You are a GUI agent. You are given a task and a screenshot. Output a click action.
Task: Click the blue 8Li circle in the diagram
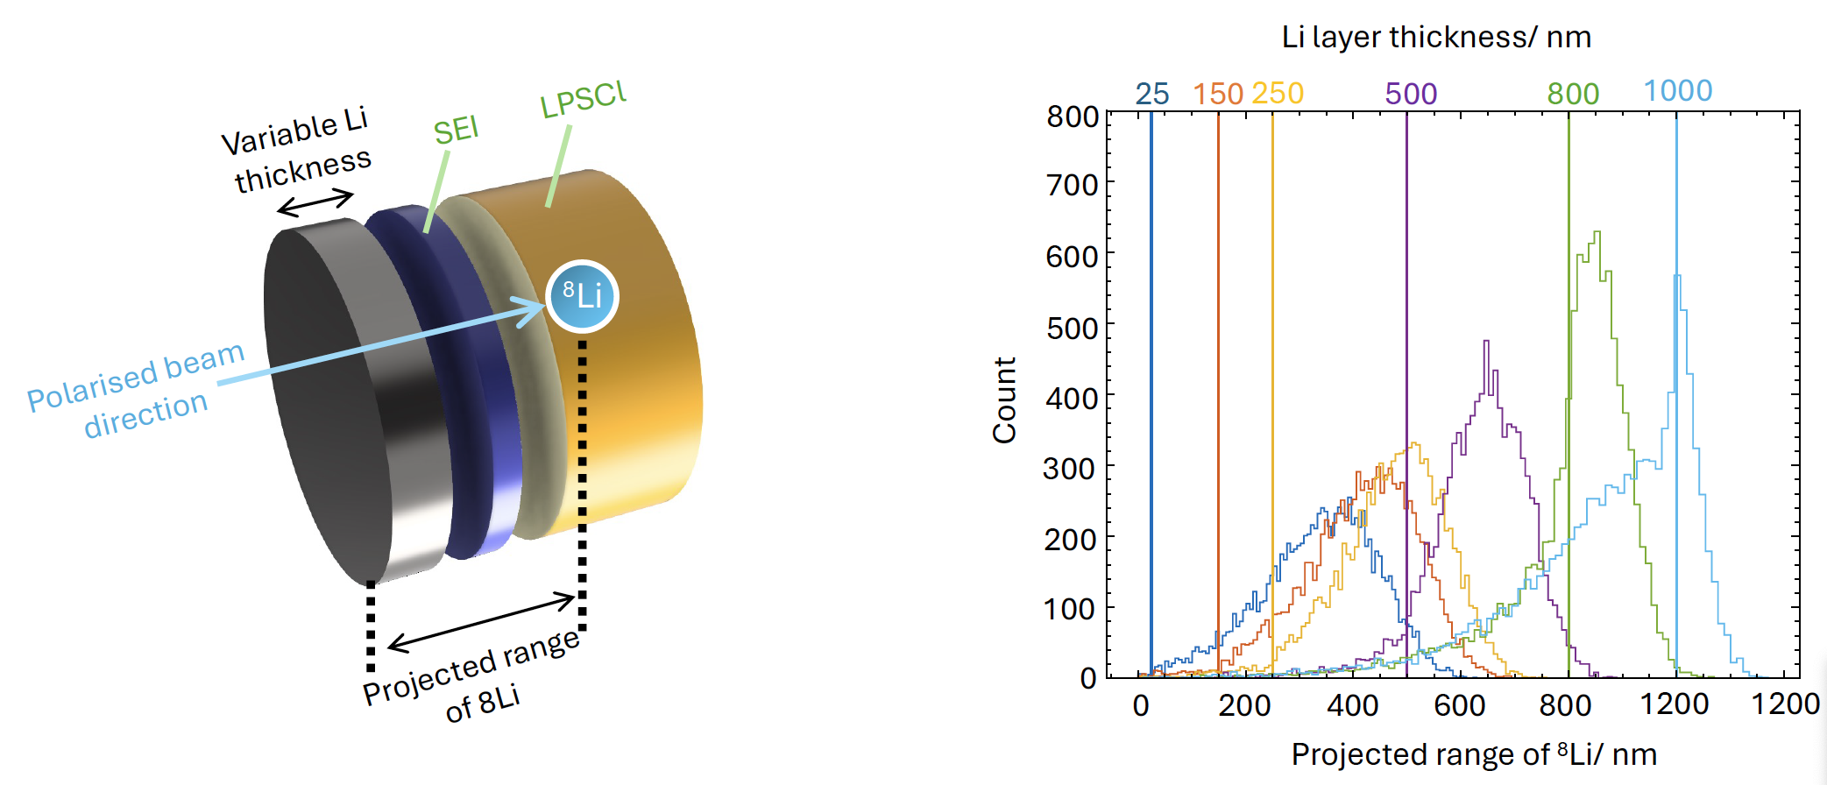coord(582,296)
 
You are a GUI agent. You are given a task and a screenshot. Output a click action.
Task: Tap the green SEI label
coord(456,131)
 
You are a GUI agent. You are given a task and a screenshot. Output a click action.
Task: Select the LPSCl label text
coord(583,100)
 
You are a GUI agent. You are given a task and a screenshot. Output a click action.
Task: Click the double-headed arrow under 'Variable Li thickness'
coord(315,202)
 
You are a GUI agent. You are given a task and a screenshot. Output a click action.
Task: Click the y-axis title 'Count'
coord(1004,400)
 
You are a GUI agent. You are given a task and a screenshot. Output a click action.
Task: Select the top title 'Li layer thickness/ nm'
coord(1436,37)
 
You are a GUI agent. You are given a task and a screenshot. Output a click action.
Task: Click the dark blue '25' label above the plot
coord(1152,94)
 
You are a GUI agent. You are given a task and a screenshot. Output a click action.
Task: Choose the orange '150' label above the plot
coord(1218,94)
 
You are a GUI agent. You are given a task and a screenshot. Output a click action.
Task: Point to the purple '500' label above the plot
coord(1411,94)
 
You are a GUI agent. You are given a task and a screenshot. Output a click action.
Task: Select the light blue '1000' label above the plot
coord(1677,91)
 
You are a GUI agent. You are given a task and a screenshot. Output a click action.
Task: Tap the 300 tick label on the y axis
coord(1070,469)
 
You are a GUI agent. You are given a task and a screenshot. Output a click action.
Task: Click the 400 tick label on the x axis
coord(1353,704)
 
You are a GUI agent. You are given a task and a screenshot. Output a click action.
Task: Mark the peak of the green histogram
coord(1597,233)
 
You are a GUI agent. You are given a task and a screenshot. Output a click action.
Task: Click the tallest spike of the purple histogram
coord(1486,342)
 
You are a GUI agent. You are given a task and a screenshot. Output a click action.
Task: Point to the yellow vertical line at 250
coord(1272,394)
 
